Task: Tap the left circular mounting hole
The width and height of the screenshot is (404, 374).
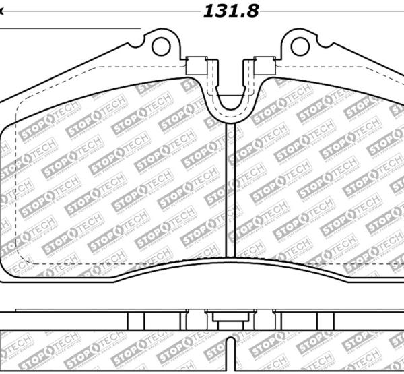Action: pyautogui.click(x=161, y=46)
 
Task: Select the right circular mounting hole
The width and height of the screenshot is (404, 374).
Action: pyautogui.click(x=300, y=46)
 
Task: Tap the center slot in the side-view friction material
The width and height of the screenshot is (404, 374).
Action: pyautogui.click(x=230, y=354)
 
